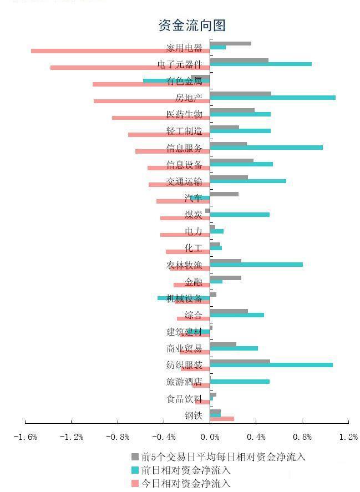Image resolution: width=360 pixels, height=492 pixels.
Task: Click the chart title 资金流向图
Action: pos(192,25)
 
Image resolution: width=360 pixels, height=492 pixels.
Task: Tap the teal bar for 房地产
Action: pos(272,98)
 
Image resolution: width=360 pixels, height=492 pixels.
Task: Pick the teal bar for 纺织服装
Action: pos(271,365)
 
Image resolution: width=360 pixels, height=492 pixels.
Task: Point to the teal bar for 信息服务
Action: pos(266,148)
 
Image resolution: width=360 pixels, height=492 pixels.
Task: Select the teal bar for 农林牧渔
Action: pos(256,265)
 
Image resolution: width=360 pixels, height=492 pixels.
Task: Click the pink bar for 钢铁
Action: pos(222,419)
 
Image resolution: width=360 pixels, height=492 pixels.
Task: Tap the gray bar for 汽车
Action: pos(224,194)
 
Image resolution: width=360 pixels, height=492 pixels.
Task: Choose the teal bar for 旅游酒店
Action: pos(240,382)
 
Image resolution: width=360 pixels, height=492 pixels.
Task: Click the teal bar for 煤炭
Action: pos(240,215)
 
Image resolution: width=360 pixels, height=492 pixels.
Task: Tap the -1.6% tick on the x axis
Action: pos(26,437)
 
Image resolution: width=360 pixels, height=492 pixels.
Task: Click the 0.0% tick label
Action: pos(210,437)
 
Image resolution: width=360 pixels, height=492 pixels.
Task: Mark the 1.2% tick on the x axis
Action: pos(348,437)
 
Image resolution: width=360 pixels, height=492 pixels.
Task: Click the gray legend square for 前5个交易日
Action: pos(134,457)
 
